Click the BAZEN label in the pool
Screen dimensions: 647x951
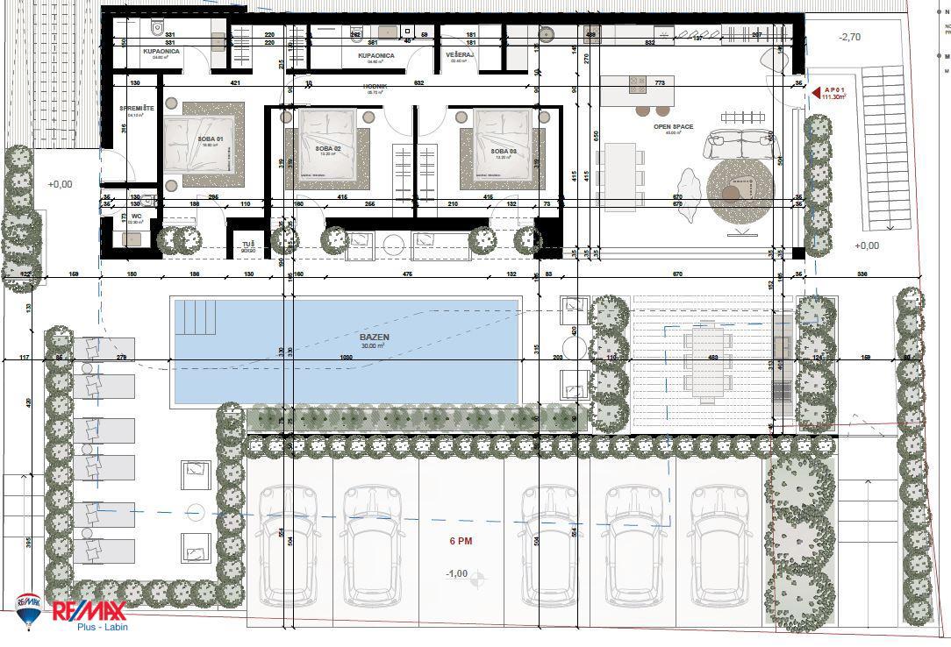click(373, 336)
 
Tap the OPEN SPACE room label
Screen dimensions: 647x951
click(673, 127)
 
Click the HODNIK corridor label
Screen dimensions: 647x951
click(375, 87)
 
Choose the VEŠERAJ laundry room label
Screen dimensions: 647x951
click(460, 55)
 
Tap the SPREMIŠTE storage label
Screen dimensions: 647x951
click(137, 108)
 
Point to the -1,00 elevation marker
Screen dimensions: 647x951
click(456, 573)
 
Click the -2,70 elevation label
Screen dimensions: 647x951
click(848, 38)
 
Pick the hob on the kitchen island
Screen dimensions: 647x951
click(636, 84)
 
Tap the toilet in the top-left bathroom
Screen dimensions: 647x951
click(157, 27)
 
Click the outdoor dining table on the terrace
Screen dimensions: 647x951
click(707, 360)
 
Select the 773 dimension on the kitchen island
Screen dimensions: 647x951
click(659, 82)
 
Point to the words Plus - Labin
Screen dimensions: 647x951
click(92, 629)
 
